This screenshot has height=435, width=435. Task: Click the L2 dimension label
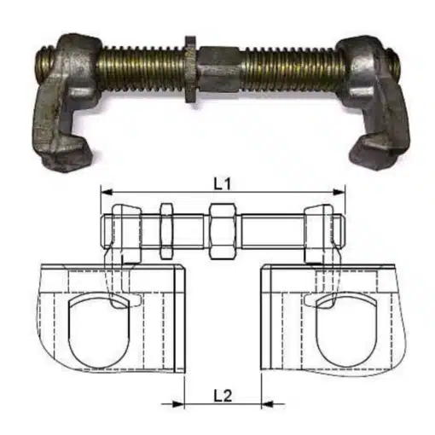(x=220, y=394)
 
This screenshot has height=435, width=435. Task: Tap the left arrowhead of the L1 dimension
(x=105, y=192)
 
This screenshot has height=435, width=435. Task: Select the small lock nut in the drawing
(x=165, y=230)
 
